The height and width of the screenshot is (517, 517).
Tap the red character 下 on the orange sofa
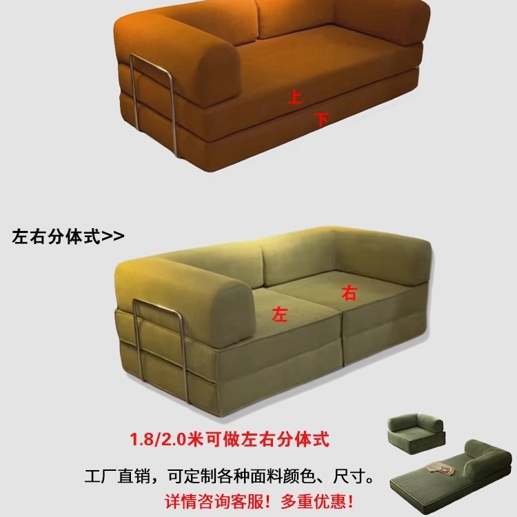[321, 119]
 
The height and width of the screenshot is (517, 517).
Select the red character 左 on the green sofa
[280, 314]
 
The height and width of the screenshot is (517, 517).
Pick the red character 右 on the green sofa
[350, 294]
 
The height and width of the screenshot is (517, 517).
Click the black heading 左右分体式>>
[68, 236]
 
